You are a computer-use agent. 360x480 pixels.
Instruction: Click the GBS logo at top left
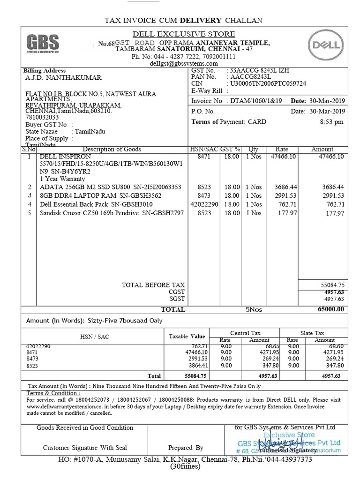43,44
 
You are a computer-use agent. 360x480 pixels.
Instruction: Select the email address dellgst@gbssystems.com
184,63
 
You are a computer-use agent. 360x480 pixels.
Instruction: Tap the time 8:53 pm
331,122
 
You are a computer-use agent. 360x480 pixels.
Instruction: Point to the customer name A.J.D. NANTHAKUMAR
63,78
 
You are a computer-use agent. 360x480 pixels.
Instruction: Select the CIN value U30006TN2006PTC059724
268,83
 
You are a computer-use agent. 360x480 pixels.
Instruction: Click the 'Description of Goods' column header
112,149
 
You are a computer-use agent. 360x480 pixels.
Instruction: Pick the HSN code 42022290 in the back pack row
204,204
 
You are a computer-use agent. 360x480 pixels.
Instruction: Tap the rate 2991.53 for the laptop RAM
285,195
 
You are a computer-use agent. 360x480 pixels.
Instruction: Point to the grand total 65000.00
330,309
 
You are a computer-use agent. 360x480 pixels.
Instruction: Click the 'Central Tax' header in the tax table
245,333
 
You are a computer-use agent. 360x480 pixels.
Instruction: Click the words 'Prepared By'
186,448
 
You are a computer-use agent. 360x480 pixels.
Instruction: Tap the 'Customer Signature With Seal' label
85,448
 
